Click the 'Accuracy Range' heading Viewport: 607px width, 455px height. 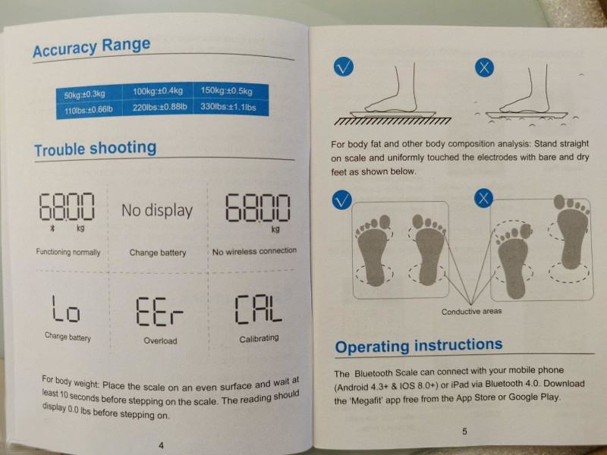[x=91, y=47]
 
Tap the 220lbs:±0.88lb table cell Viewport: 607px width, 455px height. [x=158, y=107]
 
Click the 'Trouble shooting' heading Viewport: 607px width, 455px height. [x=96, y=149]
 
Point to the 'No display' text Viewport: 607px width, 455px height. [x=157, y=211]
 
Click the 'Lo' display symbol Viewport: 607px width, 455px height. [x=66, y=309]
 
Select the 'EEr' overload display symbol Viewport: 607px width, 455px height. [x=159, y=312]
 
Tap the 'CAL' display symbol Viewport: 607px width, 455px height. [x=258, y=309]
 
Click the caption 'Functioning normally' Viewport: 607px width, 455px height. [x=68, y=253]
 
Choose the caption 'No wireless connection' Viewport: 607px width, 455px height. [x=254, y=251]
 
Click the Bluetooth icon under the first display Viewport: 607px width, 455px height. [x=52, y=228]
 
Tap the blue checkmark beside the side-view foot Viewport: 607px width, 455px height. [x=344, y=67]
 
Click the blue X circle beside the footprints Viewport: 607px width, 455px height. [x=483, y=198]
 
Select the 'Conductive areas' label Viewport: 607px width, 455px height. [x=471, y=311]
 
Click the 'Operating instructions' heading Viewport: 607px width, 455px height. [x=419, y=345]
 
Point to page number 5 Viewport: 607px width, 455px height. [x=464, y=431]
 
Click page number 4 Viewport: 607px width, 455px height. [x=161, y=445]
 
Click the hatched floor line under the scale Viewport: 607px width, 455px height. [x=392, y=121]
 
